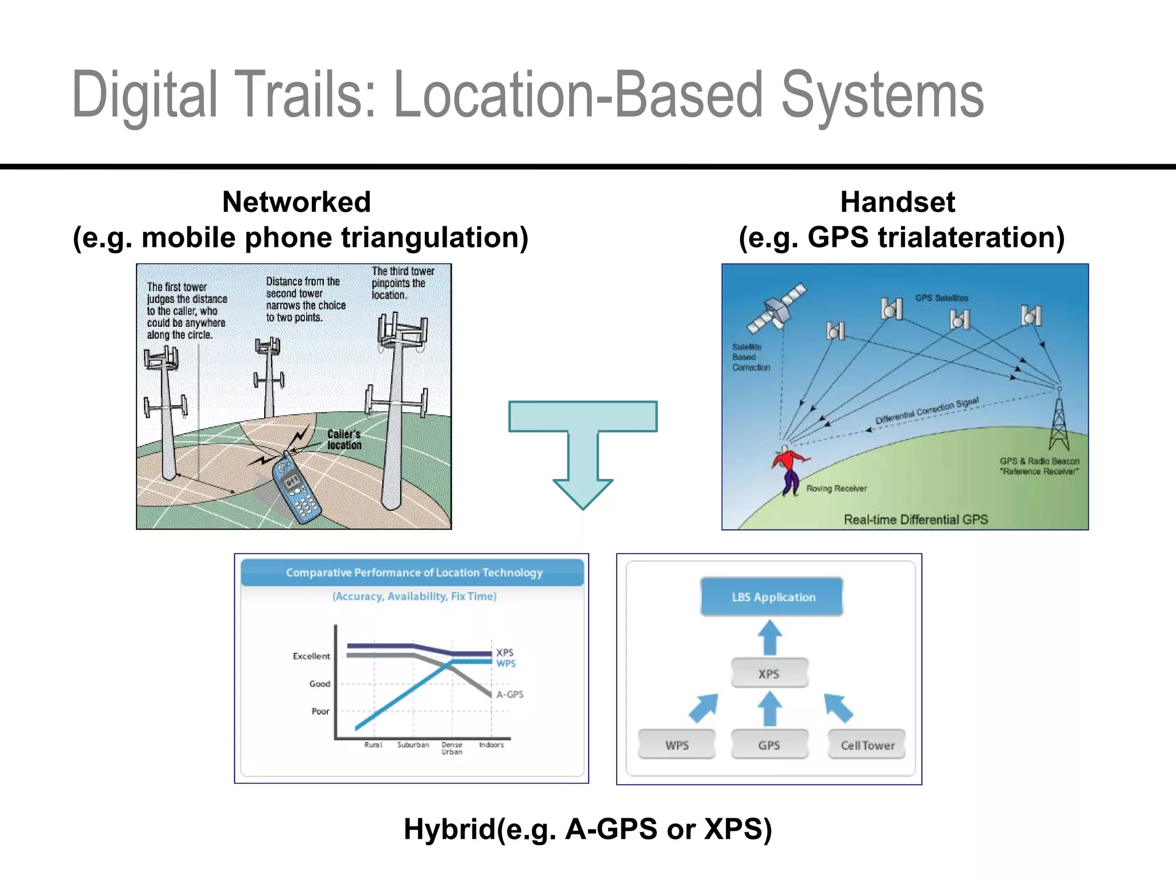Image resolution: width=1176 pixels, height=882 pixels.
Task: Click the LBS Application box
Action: [772, 597]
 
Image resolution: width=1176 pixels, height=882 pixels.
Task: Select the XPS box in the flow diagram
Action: [769, 674]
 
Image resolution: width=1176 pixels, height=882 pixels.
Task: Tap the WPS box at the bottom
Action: [677, 745]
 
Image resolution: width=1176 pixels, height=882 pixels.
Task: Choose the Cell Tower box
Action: [867, 745]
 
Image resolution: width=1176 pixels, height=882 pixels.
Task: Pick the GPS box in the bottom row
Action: [769, 745]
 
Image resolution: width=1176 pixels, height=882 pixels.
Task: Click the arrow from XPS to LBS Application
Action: [770, 637]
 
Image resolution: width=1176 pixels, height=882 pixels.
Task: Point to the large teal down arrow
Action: [583, 448]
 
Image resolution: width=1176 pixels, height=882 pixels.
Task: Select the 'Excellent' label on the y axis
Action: [311, 656]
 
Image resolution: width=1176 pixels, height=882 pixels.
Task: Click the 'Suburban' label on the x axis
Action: [413, 745]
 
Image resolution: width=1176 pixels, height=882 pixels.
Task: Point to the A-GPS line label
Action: [510, 694]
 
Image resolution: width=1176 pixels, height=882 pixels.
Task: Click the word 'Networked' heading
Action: [296, 202]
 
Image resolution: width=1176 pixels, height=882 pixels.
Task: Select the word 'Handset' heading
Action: [898, 202]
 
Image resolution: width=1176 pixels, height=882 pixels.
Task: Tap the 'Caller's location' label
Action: [344, 439]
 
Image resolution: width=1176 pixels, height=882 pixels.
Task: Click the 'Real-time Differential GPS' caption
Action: [916, 520]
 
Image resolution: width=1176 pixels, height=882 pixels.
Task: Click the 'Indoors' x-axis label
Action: [492, 745]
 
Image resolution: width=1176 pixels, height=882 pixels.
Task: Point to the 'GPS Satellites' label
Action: [942, 298]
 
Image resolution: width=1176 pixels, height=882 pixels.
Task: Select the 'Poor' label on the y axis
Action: [320, 711]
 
